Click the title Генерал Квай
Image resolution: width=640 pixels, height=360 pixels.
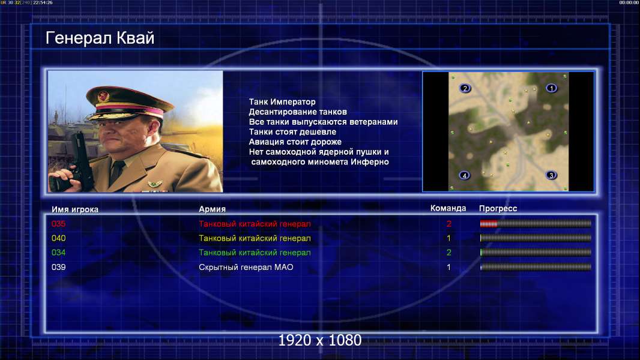pos(100,38)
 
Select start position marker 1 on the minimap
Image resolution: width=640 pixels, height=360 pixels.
pos(551,88)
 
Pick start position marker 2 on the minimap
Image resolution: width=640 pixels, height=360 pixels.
pos(465,88)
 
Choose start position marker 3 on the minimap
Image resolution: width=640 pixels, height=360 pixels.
pos(551,175)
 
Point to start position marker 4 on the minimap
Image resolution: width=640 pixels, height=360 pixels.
pos(465,176)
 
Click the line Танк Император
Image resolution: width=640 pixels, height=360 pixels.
pos(282,102)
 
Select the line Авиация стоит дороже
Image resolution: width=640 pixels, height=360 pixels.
pos(295,142)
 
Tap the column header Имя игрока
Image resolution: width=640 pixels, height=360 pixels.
pos(74,209)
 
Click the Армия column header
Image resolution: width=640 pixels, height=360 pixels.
pos(213,209)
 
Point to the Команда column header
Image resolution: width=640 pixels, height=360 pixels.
pos(448,208)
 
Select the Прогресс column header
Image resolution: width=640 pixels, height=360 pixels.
pos(498,209)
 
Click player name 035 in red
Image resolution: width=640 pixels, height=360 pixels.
pos(58,224)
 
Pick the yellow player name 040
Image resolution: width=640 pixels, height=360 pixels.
pos(58,238)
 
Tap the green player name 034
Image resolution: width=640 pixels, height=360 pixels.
pos(58,253)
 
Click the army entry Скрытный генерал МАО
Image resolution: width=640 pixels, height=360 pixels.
pos(246,268)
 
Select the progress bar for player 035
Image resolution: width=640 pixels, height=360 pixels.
pos(536,223)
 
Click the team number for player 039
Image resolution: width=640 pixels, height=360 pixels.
pos(448,268)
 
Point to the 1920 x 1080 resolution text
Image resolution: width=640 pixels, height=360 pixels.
pos(320,340)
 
